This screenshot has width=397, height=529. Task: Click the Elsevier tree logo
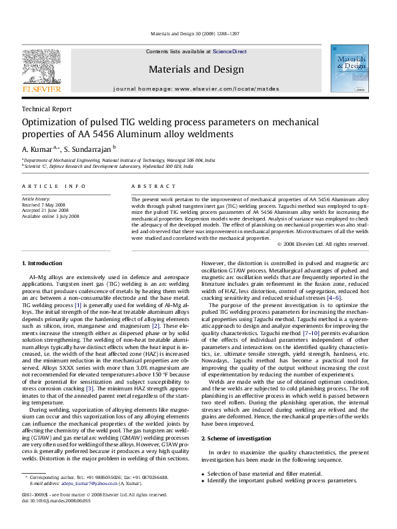pyautogui.click(x=42, y=66)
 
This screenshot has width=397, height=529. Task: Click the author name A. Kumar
pyautogui.click(x=39, y=148)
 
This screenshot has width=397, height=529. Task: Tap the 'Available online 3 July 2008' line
pyautogui.click(x=51, y=216)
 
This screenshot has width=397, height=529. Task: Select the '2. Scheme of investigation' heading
pyautogui.click(x=234, y=420)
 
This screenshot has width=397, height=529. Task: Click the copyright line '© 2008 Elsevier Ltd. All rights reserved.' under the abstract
pyautogui.click(x=323, y=244)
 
